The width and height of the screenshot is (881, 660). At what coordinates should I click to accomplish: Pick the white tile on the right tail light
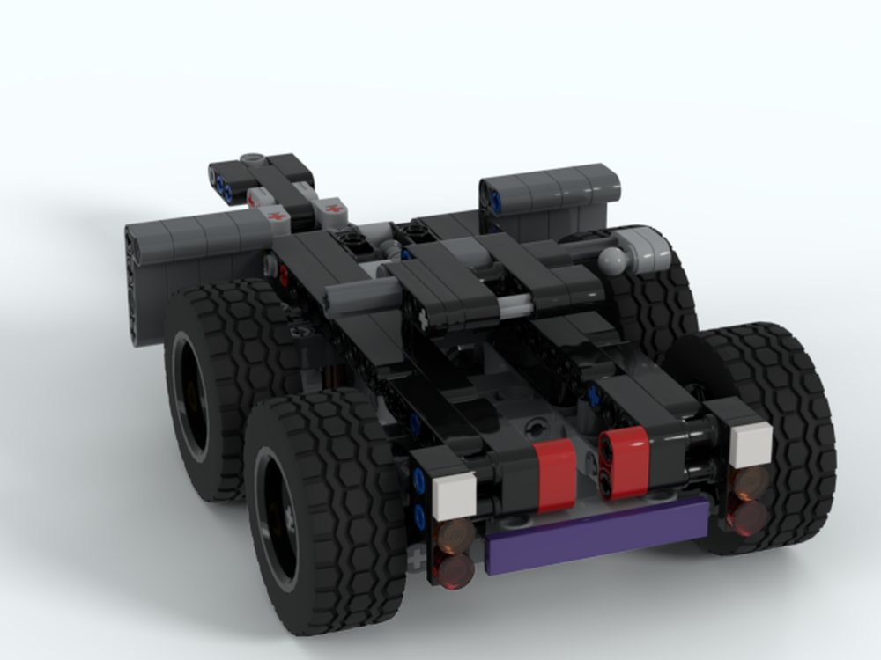coord(750,444)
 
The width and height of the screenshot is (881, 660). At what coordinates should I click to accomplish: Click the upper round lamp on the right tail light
coord(751,483)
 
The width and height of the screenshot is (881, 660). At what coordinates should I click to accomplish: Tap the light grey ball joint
coord(613,260)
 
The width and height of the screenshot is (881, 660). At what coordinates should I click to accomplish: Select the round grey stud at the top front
coord(255,160)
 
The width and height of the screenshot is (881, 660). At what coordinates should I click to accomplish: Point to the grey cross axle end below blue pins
coord(415,557)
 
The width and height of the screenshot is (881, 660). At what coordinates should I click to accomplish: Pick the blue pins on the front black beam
coord(222,187)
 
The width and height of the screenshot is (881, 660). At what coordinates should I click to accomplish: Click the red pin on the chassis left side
coord(284,276)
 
